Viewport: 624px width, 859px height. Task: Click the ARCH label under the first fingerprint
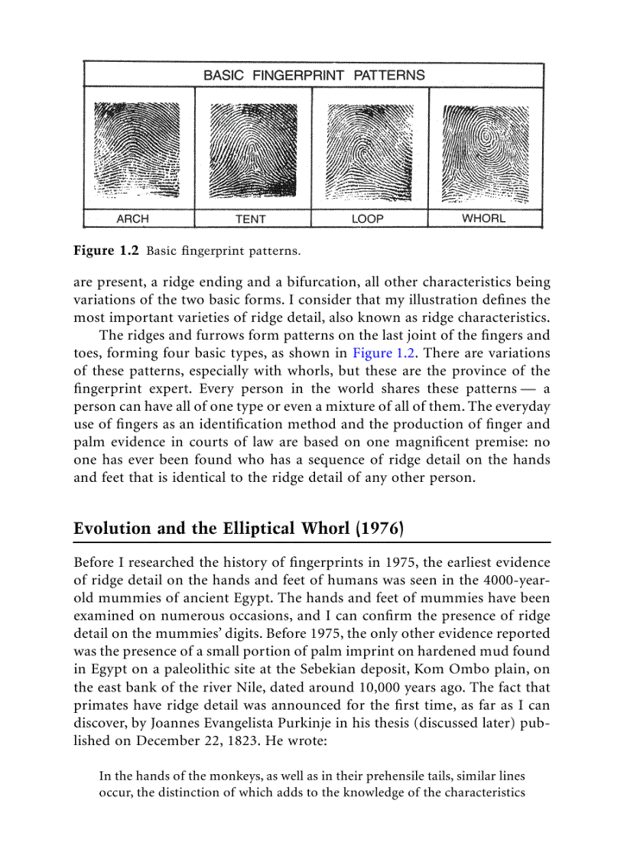point(132,219)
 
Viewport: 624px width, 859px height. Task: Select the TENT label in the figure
point(251,219)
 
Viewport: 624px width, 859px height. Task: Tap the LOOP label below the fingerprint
point(368,219)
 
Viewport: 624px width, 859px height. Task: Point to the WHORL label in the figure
point(483,218)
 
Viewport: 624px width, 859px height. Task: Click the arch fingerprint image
point(138,149)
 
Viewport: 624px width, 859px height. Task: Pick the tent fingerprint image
point(252,149)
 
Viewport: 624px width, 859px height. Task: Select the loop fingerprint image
point(369,149)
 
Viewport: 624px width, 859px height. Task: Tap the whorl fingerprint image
point(486,149)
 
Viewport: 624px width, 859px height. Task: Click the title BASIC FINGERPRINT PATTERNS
point(314,75)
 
